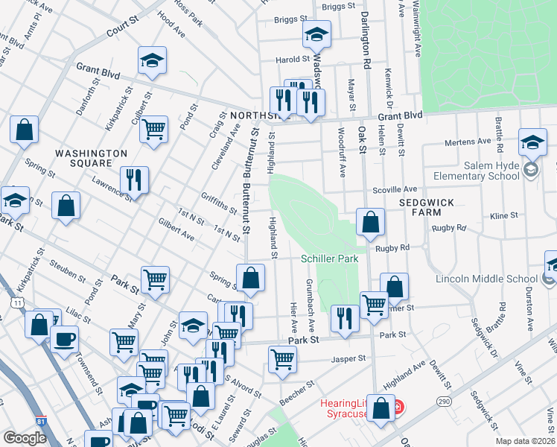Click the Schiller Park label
point(329,259)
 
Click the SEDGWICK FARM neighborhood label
point(432,207)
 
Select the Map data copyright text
point(524,441)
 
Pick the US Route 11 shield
point(17,300)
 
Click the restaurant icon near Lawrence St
point(134,179)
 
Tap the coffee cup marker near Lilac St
point(65,339)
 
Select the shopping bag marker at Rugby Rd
point(370,222)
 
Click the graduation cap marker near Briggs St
point(316,34)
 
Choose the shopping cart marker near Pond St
point(153,129)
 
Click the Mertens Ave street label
point(468,141)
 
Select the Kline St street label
point(504,215)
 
